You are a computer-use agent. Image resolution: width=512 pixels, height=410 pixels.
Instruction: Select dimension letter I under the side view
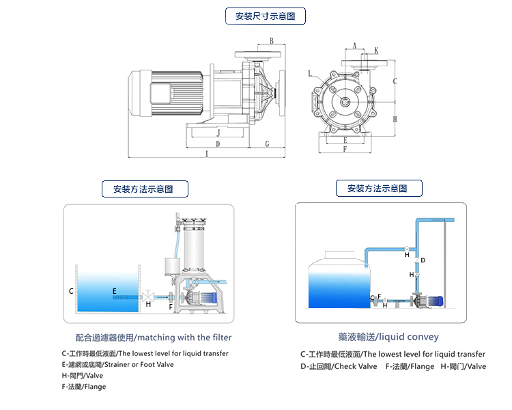pyautogui.click(x=205, y=154)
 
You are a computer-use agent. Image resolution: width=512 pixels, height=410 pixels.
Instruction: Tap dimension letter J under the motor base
pyautogui.click(x=218, y=133)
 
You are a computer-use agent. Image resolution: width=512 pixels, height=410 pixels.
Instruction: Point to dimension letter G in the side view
pyautogui.click(x=267, y=143)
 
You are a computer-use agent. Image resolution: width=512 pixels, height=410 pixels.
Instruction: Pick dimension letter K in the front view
pyautogui.click(x=376, y=51)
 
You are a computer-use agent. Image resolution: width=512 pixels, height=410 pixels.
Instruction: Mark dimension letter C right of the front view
pyautogui.click(x=395, y=81)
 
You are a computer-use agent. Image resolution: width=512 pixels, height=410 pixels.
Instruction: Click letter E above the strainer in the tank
pyautogui.click(x=115, y=290)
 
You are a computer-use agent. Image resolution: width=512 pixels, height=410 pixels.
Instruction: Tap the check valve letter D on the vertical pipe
pyautogui.click(x=423, y=260)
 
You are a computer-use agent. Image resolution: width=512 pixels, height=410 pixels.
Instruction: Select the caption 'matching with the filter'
pyautogui.click(x=184, y=338)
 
